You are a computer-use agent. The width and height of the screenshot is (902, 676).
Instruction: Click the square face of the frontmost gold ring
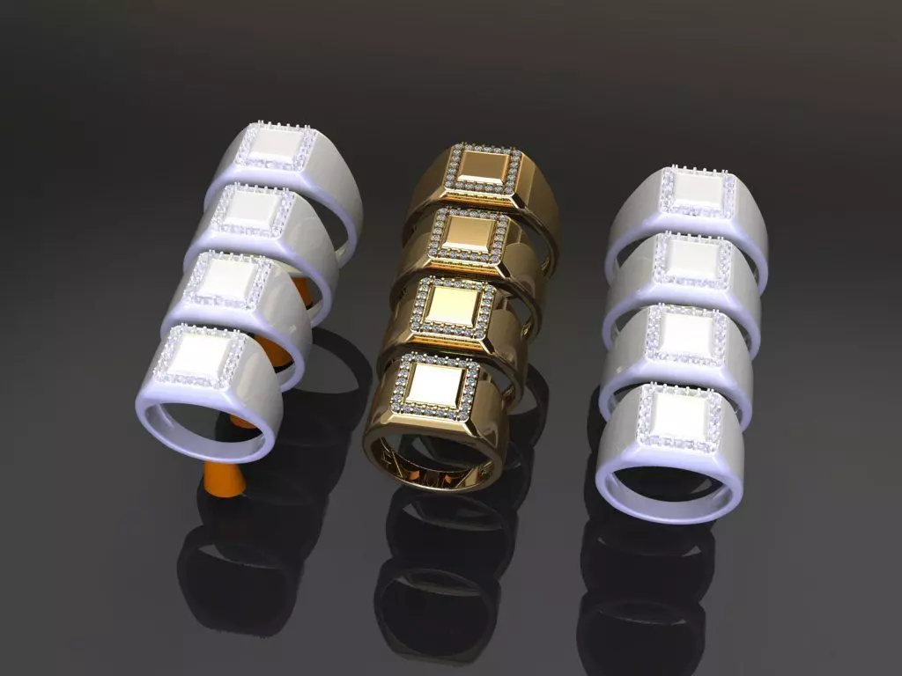(436, 384)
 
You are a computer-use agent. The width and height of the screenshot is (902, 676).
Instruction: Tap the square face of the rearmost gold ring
(483, 167)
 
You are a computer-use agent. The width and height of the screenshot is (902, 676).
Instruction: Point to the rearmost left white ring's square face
(273, 147)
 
